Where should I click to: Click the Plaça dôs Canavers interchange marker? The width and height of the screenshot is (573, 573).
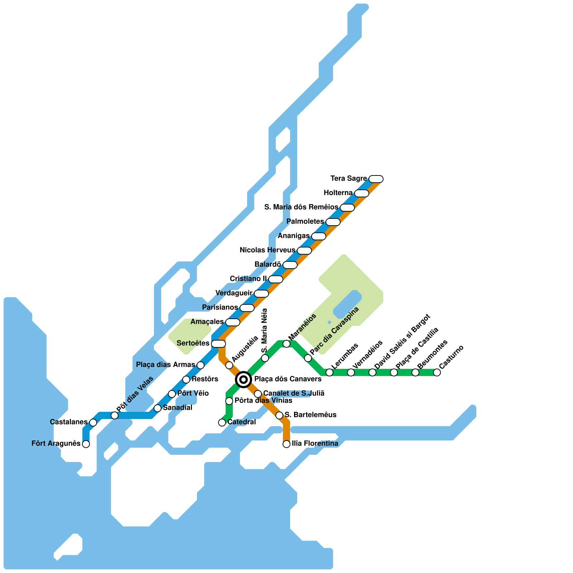point(244,379)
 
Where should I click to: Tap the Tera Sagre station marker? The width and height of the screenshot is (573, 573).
point(376,179)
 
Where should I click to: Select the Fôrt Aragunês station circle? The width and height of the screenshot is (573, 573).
point(86,444)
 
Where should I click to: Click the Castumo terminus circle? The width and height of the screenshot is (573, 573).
point(437,372)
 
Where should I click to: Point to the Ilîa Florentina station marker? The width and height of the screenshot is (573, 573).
point(286,444)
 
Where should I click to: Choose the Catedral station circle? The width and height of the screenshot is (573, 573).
point(222,423)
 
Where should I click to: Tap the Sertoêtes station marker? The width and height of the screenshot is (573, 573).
point(218,344)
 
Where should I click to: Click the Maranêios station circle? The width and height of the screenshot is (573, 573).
point(286,344)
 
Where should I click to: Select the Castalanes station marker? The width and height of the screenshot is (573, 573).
point(93,423)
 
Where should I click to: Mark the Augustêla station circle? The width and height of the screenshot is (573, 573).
point(229,365)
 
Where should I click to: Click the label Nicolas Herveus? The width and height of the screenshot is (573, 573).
point(267,250)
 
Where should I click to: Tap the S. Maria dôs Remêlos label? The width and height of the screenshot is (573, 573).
point(301,207)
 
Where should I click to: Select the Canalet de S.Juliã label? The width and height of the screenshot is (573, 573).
point(294,393)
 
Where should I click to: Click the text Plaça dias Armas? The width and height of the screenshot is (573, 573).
point(165,365)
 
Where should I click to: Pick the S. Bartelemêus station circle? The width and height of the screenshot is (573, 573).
point(279,415)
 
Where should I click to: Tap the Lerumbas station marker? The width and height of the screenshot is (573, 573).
point(329,372)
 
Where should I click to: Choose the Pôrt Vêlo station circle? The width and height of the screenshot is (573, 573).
point(172,394)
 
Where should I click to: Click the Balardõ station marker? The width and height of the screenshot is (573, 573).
point(290,265)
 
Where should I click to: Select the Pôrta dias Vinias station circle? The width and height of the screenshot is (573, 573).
point(229,401)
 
